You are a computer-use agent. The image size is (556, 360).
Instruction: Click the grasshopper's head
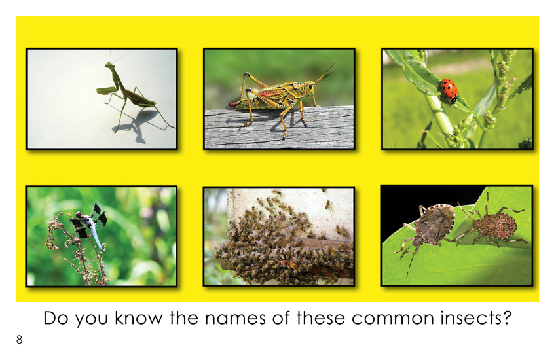[x=310, y=87]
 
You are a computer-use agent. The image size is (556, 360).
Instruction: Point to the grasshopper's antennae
[x=325, y=73]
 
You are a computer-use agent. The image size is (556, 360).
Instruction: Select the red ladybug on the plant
[x=449, y=91]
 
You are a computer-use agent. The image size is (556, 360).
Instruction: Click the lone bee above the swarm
[x=329, y=204]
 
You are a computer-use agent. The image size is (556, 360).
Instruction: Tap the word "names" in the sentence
[x=235, y=318]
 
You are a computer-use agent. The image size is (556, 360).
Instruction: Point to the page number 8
[x=19, y=340]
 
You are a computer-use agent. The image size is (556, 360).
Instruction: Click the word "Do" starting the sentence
[x=56, y=318]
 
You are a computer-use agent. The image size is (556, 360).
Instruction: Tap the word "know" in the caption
[x=139, y=318]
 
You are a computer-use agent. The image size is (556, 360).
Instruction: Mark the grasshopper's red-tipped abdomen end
[x=234, y=104]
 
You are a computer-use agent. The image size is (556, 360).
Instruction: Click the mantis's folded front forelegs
[x=106, y=90]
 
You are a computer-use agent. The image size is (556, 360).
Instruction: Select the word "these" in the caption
[x=320, y=318]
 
